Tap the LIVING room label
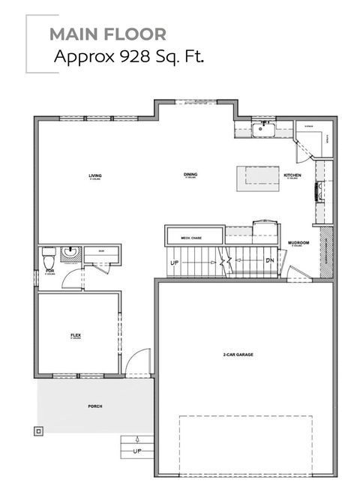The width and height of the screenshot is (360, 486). click(95, 175)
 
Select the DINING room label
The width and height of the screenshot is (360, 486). click(190, 175)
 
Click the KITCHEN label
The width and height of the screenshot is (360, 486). click(292, 175)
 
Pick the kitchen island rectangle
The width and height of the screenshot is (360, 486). click(253, 178)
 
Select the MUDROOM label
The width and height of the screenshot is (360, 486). click(299, 244)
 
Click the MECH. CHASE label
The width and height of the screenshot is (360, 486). click(191, 238)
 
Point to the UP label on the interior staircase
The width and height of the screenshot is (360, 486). click(175, 263)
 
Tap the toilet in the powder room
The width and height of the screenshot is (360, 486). click(49, 254)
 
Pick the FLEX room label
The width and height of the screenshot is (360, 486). click(75, 334)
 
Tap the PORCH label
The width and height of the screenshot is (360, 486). click(94, 406)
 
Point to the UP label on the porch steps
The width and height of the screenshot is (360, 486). click(136, 451)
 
